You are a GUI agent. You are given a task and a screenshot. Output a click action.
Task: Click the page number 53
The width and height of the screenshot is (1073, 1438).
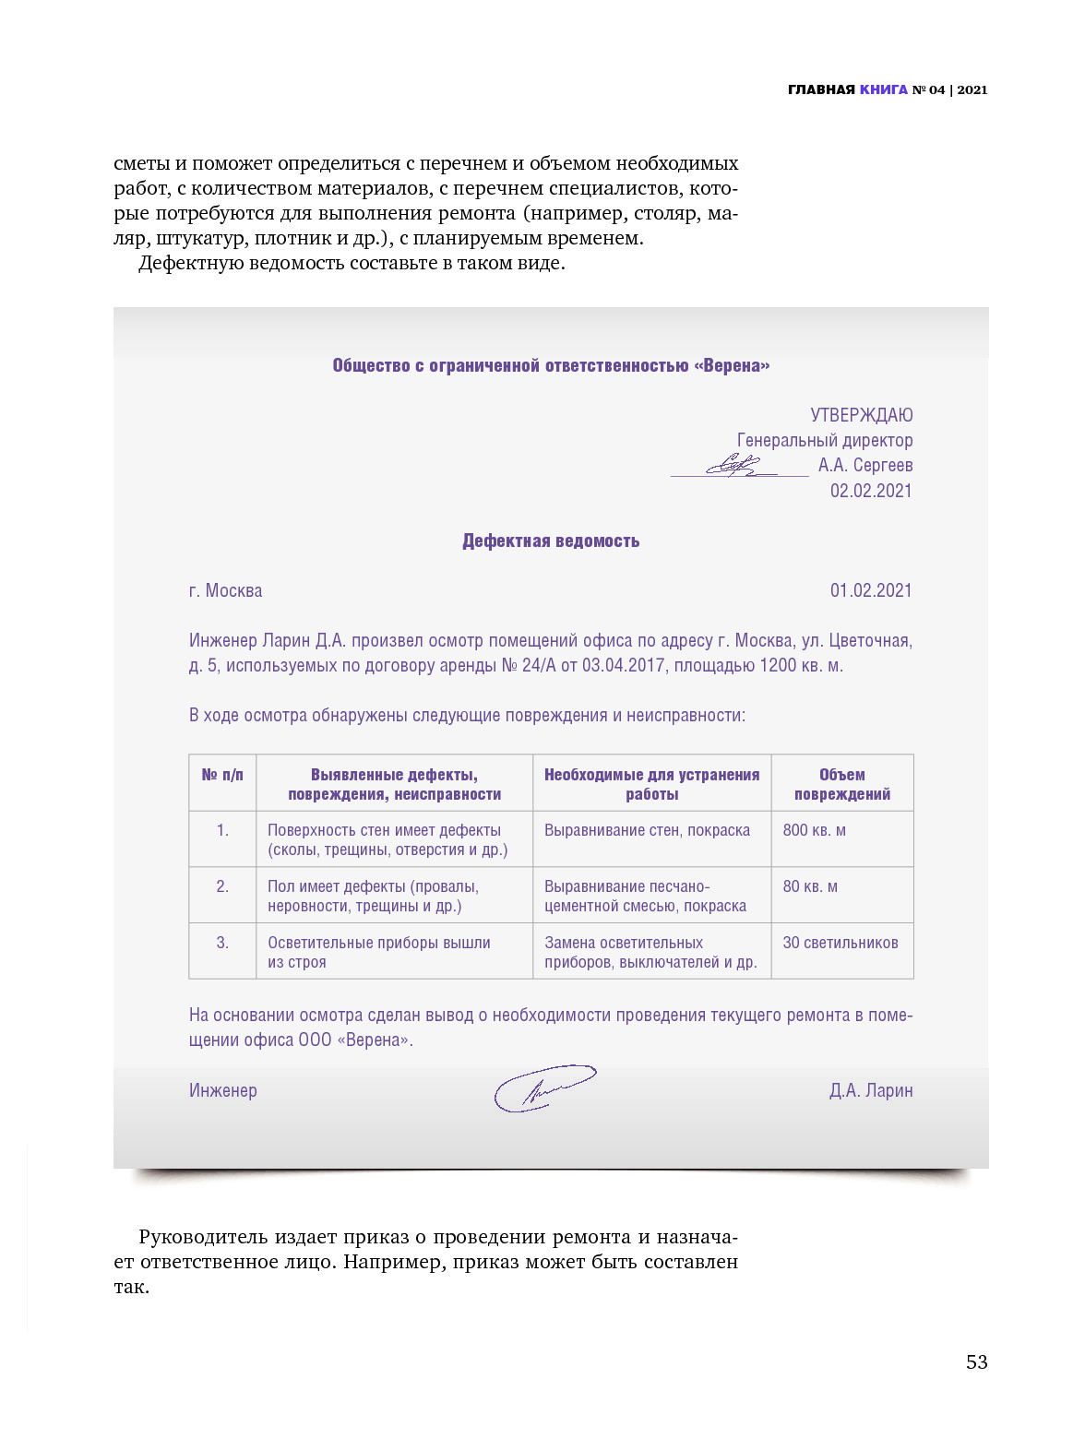[976, 1361]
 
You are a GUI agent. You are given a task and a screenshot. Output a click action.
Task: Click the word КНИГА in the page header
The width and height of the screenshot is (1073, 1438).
[883, 89]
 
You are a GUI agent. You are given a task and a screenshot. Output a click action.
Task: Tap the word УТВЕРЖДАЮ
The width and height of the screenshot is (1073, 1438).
[861, 415]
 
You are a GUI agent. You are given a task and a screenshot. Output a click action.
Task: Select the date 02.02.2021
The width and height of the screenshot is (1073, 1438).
[870, 491]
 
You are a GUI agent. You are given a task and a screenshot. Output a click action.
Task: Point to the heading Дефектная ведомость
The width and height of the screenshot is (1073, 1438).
[551, 541]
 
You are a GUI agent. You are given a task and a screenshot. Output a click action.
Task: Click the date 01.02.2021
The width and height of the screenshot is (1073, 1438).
[870, 590]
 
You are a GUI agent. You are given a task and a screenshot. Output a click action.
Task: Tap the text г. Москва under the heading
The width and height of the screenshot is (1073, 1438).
[225, 590]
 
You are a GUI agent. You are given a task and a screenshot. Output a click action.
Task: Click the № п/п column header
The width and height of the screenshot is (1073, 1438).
[222, 775]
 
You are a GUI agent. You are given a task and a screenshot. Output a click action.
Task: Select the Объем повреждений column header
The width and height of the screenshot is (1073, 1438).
[841, 784]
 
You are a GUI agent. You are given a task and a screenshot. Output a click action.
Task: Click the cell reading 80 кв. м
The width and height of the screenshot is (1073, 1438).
[810, 886]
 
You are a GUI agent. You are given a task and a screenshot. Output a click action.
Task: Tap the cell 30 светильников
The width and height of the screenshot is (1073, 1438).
[840, 943]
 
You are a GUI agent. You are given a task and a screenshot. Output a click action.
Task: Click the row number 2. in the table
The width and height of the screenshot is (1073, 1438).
[222, 886]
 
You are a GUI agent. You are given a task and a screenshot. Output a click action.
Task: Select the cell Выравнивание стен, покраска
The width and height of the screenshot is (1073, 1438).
[647, 830]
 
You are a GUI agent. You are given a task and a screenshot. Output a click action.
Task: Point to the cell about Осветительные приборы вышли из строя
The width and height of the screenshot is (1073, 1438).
[378, 952]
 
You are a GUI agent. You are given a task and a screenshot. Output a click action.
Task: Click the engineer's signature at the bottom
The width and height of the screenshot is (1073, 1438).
[543, 1088]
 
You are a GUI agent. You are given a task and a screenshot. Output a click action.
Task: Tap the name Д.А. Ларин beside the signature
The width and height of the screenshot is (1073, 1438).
[870, 1090]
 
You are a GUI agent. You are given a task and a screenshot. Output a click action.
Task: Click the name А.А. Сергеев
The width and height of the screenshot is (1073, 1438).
[864, 465]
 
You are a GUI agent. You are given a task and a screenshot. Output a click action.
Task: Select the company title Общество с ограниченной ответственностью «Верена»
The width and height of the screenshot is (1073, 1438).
[551, 365]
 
